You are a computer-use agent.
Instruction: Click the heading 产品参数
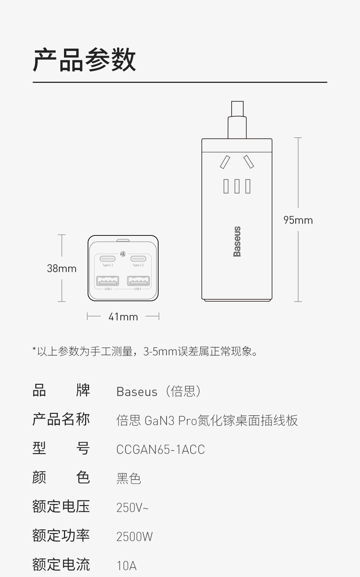pos(84,60)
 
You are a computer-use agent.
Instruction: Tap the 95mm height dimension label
pos(298,220)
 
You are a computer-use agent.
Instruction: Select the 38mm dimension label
pos(61,269)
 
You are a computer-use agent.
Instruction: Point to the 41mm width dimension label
pos(123,317)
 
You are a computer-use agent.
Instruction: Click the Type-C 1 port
pos(108,259)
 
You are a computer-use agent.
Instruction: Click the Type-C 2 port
pos(138,259)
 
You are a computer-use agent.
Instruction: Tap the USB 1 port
pos(108,281)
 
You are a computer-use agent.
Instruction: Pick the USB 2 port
pos(138,281)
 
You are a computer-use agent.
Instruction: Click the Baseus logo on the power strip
pos(237,241)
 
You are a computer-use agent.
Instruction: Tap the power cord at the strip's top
pos(237,120)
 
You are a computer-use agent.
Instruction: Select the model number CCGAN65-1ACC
pos(160,449)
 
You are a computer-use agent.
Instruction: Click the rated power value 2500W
pos(135,537)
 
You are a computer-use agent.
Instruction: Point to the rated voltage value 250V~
pos(132,508)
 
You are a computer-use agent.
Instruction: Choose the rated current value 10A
pos(127,566)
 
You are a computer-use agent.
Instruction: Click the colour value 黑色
pos(128,479)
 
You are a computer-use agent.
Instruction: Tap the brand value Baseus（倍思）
pos(159,391)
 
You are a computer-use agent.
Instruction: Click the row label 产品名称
pos(61,419)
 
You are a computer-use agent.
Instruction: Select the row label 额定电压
pos(61,507)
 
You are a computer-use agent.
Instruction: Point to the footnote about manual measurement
pos(145,351)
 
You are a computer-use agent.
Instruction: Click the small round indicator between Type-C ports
pos(123,254)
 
